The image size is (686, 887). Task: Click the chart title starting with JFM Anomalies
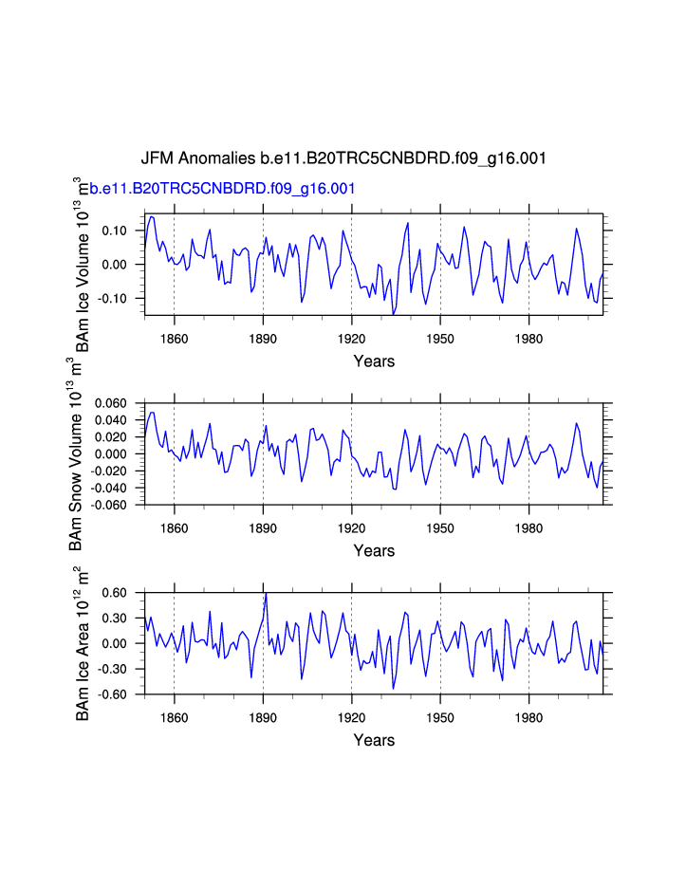pos(343,158)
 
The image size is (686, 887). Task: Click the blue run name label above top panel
pos(222,189)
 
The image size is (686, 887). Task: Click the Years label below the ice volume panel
pos(374,361)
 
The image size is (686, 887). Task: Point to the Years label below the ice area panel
pos(374,741)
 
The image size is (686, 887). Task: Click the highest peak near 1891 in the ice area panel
pos(266,594)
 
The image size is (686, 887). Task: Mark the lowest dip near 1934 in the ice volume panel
pos(393,314)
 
